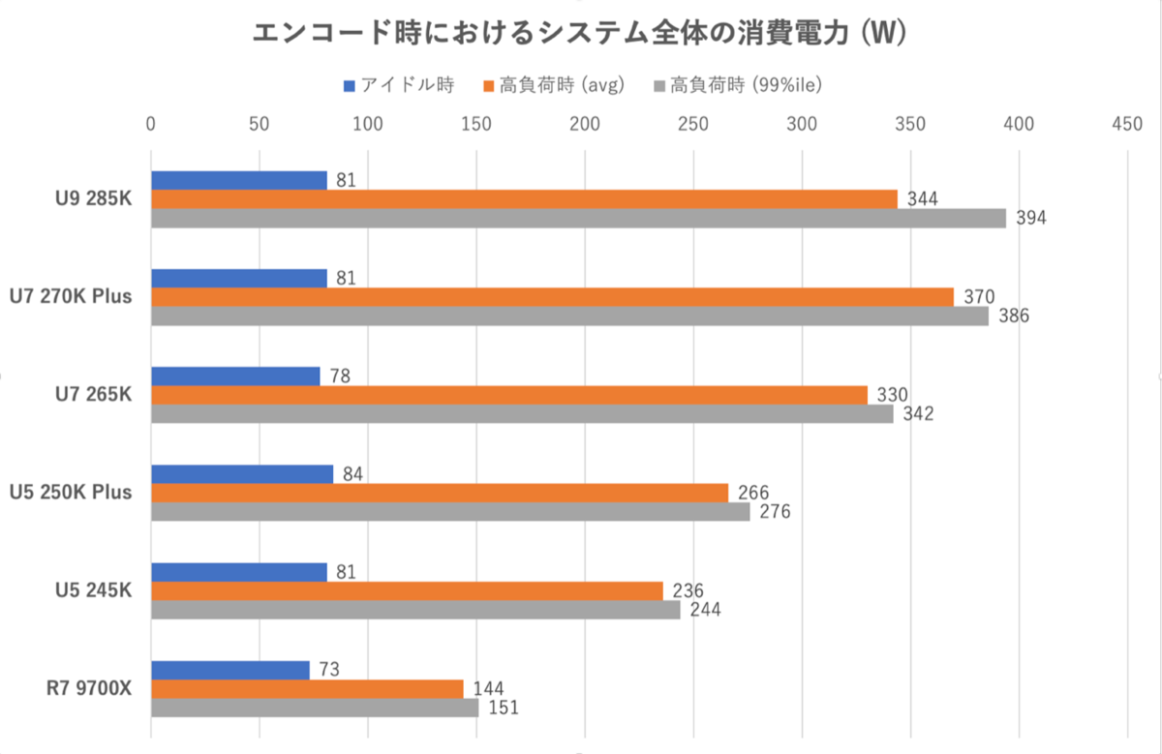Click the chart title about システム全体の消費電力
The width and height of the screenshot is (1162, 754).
[x=579, y=34]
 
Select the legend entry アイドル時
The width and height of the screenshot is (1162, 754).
[x=399, y=85]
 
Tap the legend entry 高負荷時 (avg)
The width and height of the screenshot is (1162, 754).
[x=553, y=85]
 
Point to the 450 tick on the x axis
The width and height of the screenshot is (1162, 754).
[x=1127, y=124]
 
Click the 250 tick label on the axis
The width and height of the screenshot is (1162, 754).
[x=692, y=124]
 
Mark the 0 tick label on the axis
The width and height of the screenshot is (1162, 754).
[x=151, y=124]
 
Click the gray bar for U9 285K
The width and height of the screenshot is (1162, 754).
[x=578, y=219]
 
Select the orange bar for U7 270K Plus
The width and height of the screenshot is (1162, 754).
[x=552, y=297]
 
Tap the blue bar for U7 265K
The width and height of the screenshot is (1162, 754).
[x=235, y=376]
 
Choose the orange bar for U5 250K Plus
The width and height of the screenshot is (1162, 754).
[x=440, y=493]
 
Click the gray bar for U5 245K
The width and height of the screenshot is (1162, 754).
[x=415, y=610]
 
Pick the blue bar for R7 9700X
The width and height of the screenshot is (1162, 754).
[x=230, y=669]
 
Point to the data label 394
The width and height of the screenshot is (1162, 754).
[x=1030, y=219]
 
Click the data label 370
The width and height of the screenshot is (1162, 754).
[x=978, y=297]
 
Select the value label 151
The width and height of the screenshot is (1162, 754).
[x=503, y=708]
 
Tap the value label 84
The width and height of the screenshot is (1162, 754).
[x=352, y=473]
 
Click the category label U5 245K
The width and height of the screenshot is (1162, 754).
[x=94, y=590]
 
